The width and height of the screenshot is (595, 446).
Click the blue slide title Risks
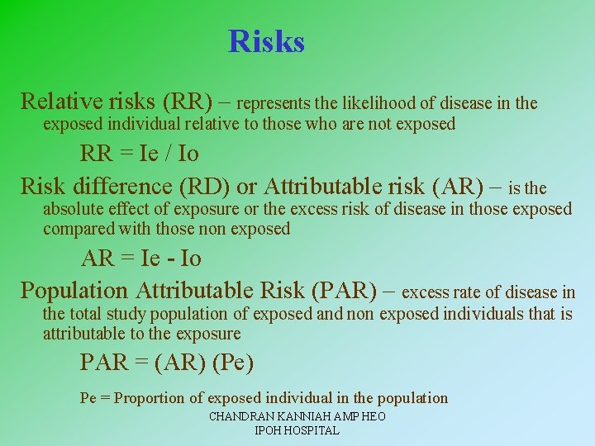point(266,41)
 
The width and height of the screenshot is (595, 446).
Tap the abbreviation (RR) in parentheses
point(193,102)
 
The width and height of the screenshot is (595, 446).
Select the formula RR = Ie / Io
point(139,154)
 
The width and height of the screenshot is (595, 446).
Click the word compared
point(80,229)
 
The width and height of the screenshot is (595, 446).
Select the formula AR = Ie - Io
point(140,259)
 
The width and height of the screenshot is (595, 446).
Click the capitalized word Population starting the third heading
point(74,290)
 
